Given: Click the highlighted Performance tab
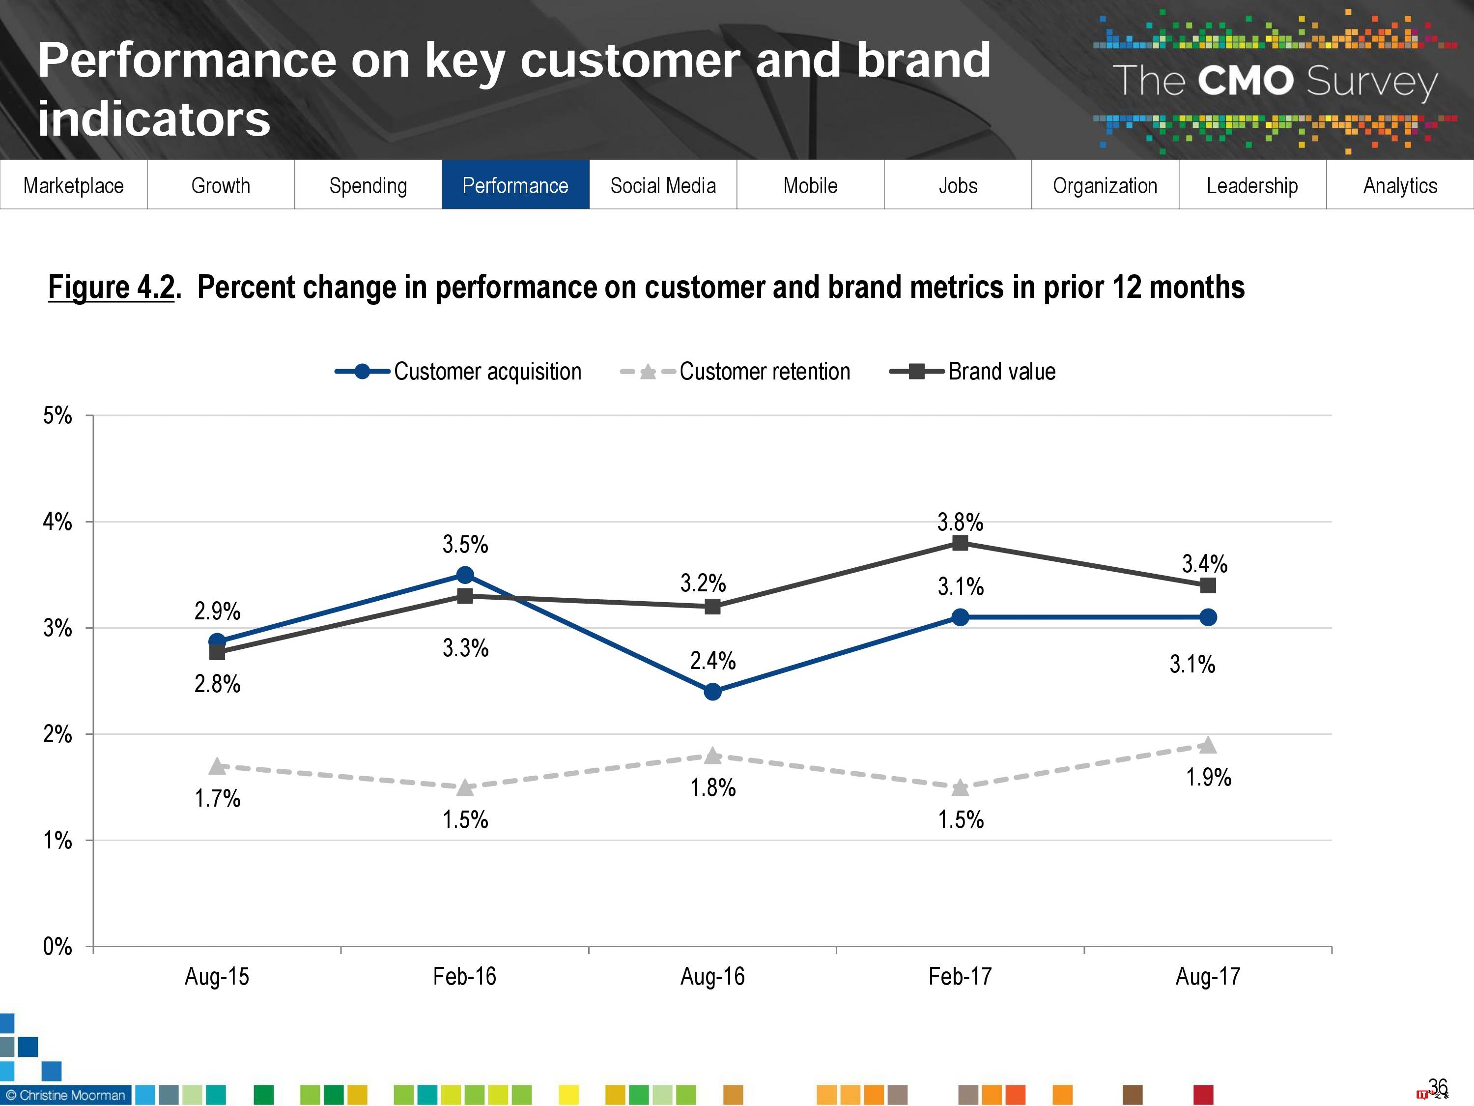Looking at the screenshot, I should (x=515, y=185).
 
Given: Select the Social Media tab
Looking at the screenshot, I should (x=663, y=185).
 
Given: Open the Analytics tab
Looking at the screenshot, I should (x=1399, y=185).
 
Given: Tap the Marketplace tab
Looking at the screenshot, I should (x=73, y=185).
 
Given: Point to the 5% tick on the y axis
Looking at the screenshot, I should (x=58, y=415).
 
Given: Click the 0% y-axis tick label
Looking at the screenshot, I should (x=58, y=946).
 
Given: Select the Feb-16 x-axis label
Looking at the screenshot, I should (x=464, y=977).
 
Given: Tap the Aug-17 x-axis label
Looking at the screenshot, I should (x=1208, y=977).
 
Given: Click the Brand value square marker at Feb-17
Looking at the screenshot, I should (x=960, y=543).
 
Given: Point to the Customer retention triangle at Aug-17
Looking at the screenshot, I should (x=1208, y=745).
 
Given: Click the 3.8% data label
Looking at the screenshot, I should (x=960, y=522).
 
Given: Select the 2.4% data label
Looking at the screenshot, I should (x=712, y=661).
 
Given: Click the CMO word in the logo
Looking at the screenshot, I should (x=1245, y=81).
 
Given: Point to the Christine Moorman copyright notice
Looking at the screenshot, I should (x=65, y=1095).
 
